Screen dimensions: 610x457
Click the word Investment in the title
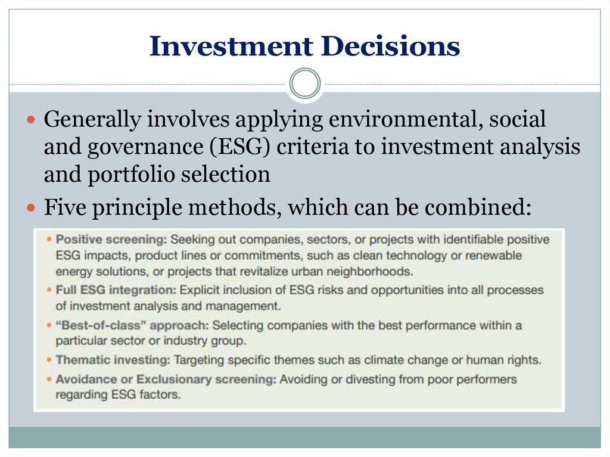click(x=231, y=46)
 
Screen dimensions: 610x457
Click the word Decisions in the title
click(x=391, y=46)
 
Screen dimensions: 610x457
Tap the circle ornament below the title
click(x=305, y=83)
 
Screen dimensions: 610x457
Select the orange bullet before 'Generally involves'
click(x=31, y=119)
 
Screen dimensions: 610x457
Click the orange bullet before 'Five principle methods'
click(x=31, y=207)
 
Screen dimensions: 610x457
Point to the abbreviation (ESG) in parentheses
click(x=239, y=147)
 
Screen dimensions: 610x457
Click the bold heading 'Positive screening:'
click(x=111, y=240)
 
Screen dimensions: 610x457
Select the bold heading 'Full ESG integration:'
click(x=116, y=290)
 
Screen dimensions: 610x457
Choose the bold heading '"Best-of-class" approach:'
click(x=132, y=325)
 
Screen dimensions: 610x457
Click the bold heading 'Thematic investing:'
click(x=113, y=360)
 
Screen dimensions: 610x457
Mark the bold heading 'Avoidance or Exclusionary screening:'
click(x=166, y=379)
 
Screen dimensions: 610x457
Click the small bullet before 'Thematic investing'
click(x=49, y=360)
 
